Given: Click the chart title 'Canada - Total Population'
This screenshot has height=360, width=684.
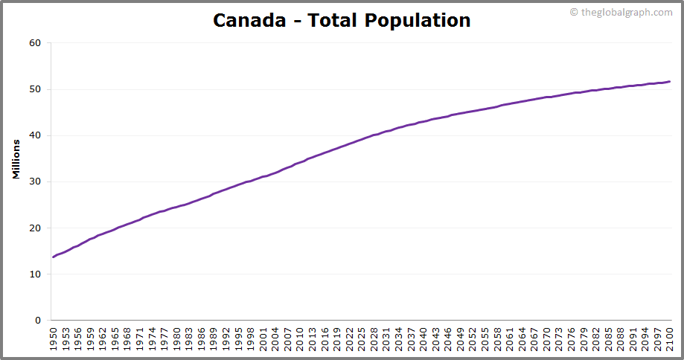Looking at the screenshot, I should coord(342,20).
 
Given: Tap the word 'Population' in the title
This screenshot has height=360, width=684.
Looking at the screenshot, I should coord(418,20).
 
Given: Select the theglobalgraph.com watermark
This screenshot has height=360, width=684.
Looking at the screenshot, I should coord(621,12).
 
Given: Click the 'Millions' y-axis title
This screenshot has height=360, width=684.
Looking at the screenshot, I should coord(16,158).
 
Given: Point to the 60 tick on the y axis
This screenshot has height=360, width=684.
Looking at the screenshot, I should coord(35,43).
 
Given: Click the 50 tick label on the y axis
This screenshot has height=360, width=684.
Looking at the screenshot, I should coord(35,89).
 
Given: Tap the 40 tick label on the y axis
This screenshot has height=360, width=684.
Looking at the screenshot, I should coord(35,135).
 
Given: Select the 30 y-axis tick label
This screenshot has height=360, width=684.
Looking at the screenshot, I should coord(35,181).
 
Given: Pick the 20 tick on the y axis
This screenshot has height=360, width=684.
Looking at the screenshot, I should coord(35,228).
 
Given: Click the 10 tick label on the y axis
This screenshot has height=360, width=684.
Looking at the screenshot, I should coord(35,274).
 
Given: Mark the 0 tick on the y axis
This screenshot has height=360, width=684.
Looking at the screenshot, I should coord(38,321).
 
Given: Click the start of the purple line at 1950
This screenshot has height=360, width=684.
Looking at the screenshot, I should coord(54,257).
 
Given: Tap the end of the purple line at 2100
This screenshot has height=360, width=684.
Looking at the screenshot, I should coord(670,82).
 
